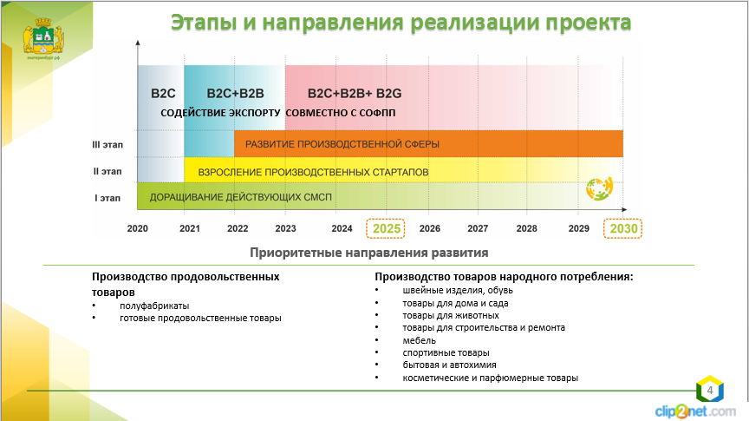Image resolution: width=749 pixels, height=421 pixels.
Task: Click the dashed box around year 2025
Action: (x=388, y=228)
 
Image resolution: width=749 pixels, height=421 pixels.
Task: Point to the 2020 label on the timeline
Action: (x=138, y=228)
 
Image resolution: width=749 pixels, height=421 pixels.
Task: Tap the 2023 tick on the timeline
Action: (x=285, y=228)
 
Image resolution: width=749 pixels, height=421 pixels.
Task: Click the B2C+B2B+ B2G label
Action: (x=355, y=92)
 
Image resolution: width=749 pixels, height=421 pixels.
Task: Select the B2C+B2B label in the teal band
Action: (x=235, y=92)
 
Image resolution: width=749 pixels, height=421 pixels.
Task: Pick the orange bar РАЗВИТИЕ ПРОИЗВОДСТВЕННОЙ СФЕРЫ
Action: (x=428, y=143)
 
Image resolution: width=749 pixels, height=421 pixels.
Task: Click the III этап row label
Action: (x=107, y=146)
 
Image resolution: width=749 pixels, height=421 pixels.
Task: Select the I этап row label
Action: (x=107, y=198)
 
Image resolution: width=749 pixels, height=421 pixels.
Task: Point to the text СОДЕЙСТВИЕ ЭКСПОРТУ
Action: (x=220, y=114)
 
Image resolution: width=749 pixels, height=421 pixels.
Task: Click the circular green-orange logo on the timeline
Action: (x=600, y=188)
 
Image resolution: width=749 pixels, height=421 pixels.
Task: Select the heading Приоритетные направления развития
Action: (x=368, y=253)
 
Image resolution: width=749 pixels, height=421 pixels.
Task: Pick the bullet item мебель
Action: (x=419, y=340)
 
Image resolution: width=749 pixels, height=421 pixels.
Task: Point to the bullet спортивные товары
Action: (x=446, y=352)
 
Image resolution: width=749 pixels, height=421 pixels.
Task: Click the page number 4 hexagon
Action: (x=709, y=391)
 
